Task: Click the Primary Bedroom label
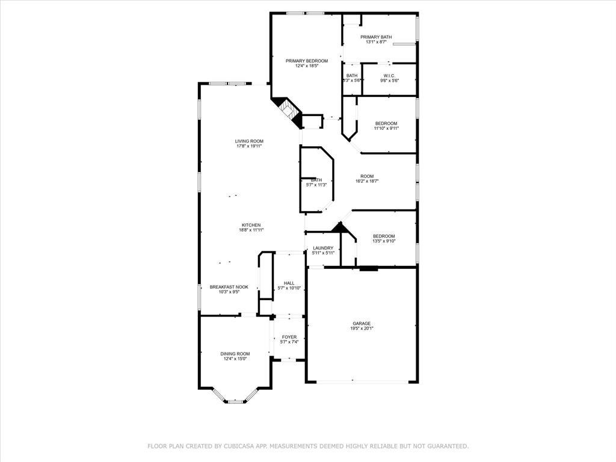pos(307,61)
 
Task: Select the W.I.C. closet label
pos(389,75)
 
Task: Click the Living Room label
pos(249,141)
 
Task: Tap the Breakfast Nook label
pos(229,287)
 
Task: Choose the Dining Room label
pos(235,354)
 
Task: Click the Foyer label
pos(289,337)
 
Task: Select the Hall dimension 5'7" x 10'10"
pos(289,288)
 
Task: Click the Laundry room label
pos(323,248)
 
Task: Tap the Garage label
pos(362,323)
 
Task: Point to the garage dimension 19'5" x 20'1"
pos(362,328)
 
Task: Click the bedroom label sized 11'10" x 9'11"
pos(386,123)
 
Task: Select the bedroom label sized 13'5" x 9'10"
pos(384,236)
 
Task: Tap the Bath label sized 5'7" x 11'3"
pos(316,180)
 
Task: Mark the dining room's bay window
pos(235,399)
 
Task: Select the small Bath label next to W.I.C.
pos(352,75)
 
